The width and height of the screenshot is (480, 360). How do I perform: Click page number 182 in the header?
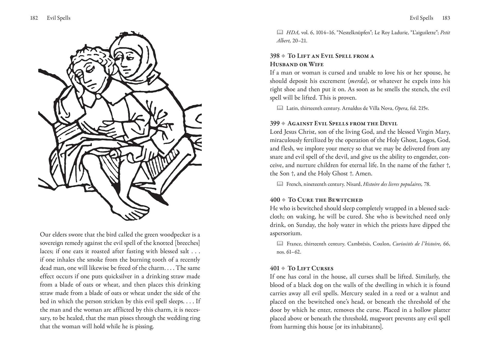point(34,18)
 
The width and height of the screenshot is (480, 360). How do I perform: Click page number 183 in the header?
point(446,18)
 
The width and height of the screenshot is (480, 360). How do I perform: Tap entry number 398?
point(275,56)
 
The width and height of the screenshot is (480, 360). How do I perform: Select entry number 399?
point(275,124)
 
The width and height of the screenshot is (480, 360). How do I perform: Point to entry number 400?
point(275,200)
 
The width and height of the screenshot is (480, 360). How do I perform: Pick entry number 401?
point(275,268)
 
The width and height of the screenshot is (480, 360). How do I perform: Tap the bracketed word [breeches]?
point(188,243)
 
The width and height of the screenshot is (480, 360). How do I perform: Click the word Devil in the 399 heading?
point(389,124)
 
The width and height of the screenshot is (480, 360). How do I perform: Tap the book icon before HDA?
point(280,32)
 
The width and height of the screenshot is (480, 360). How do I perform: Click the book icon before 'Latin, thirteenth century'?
point(280,108)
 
